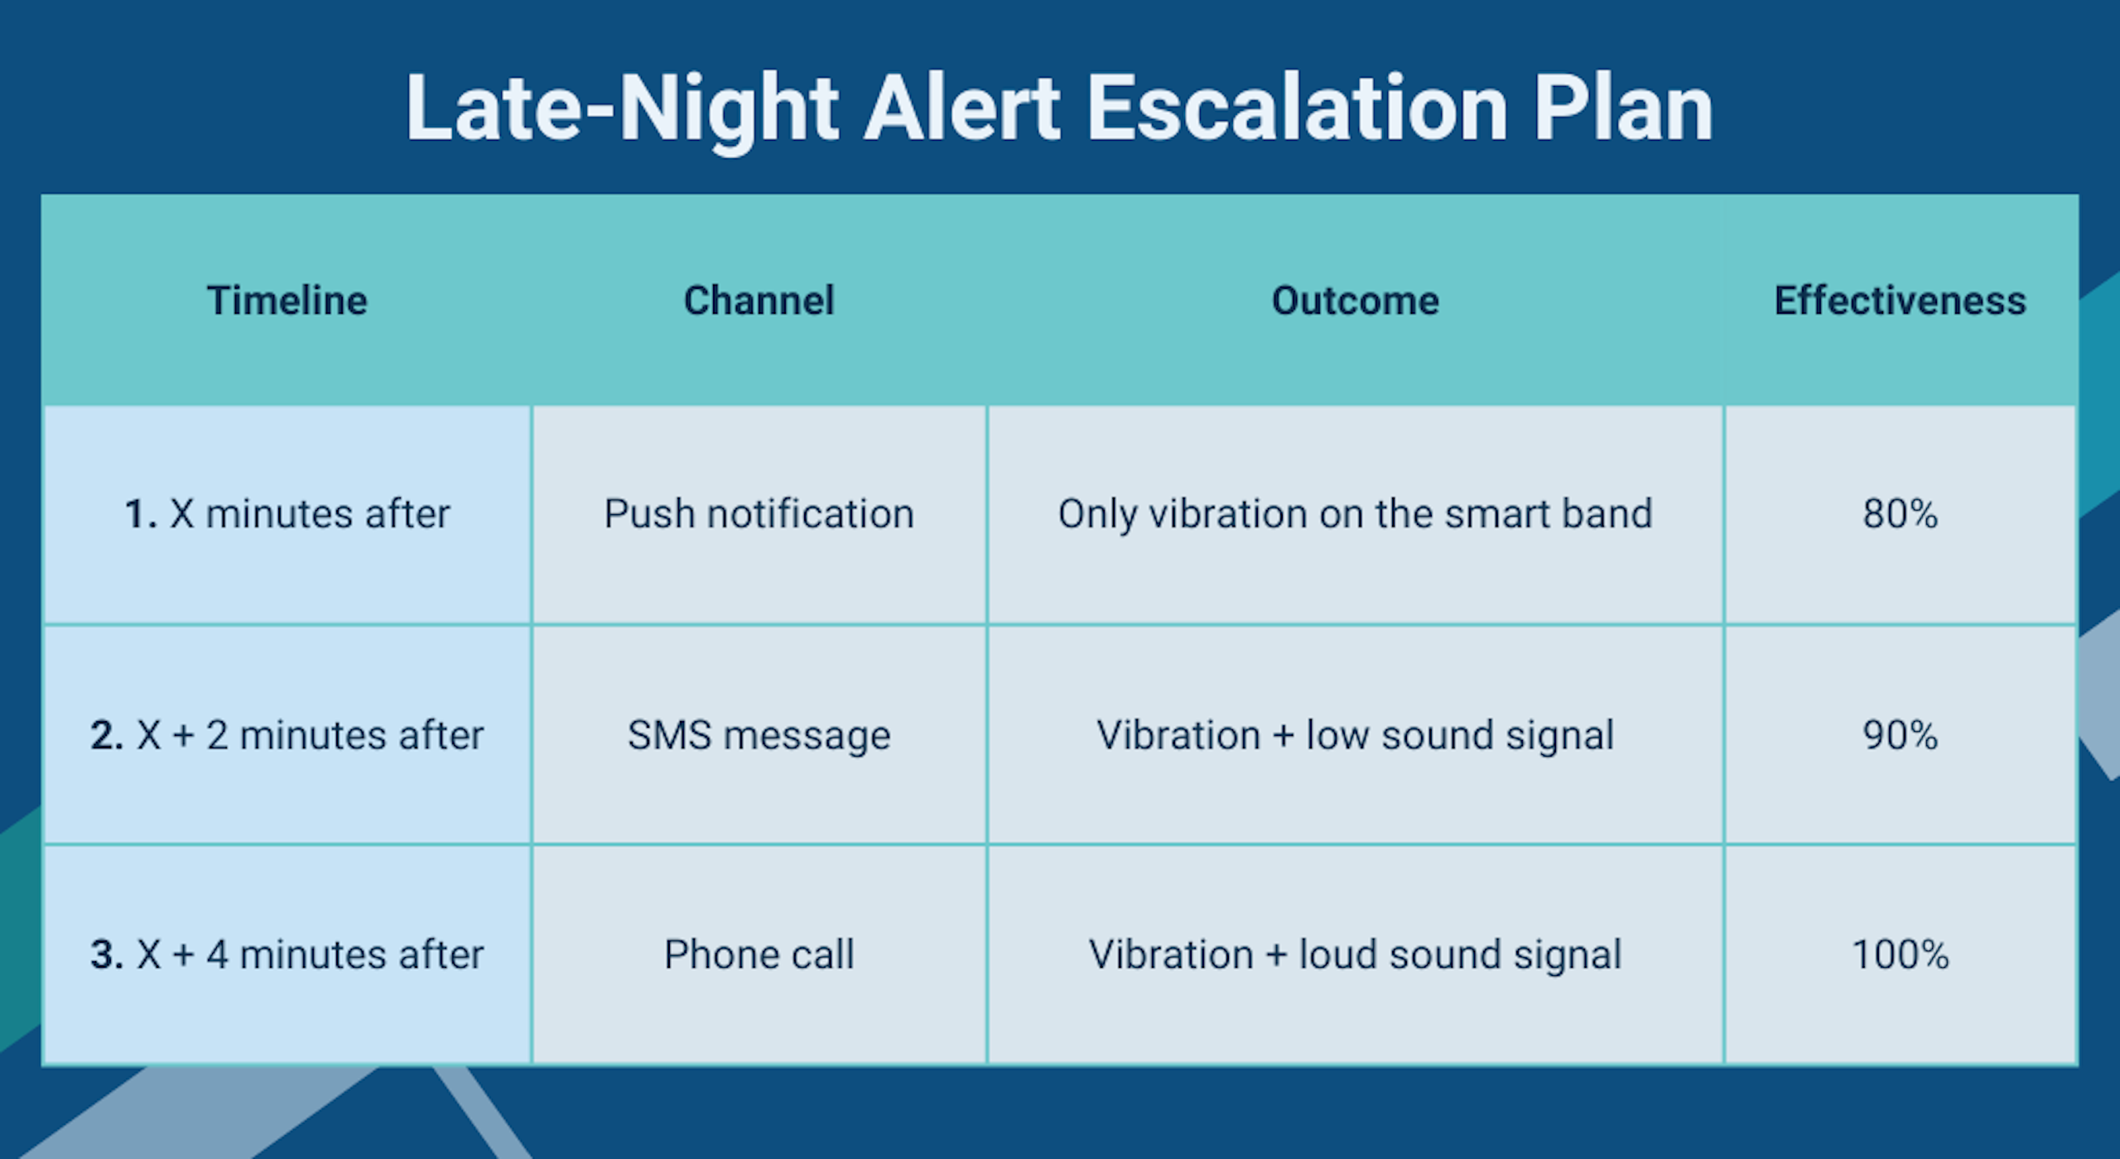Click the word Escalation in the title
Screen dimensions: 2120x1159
point(1298,108)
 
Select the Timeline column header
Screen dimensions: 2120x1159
point(287,301)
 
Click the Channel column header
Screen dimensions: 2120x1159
point(759,301)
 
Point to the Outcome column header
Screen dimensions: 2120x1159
point(1356,301)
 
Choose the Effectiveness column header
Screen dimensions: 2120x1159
point(1901,301)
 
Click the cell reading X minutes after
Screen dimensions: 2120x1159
point(287,514)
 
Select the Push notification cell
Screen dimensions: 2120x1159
point(759,514)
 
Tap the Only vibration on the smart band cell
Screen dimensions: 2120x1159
point(1356,515)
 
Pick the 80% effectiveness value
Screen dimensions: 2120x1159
point(1901,514)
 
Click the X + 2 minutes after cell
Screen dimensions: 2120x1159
point(287,735)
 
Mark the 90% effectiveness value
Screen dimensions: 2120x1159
point(1901,735)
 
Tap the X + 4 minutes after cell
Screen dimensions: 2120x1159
point(287,955)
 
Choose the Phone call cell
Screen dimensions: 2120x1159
point(759,955)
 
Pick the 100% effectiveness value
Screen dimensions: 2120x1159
point(1901,955)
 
